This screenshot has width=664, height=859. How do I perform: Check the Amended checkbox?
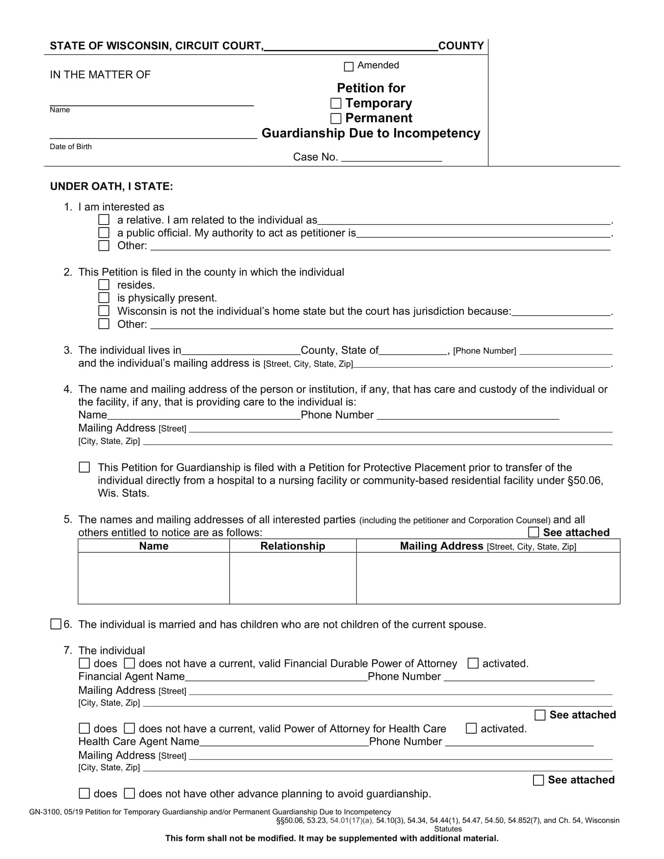click(x=348, y=66)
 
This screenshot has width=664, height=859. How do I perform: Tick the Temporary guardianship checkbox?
click(x=336, y=103)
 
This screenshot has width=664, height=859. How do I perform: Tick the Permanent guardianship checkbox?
click(x=336, y=118)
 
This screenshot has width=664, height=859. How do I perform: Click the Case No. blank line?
click(x=391, y=158)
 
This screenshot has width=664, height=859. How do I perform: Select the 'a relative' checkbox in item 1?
click(x=104, y=219)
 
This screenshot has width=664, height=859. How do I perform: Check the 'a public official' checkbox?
click(x=104, y=232)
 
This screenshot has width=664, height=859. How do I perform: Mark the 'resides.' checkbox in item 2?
click(x=104, y=284)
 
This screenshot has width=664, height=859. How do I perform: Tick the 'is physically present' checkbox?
click(x=104, y=298)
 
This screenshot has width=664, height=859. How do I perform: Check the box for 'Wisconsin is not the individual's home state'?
click(x=104, y=311)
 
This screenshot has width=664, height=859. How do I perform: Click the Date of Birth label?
click(x=70, y=147)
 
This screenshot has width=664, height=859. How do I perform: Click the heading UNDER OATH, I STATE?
click(x=111, y=186)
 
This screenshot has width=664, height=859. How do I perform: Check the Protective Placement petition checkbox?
click(x=84, y=467)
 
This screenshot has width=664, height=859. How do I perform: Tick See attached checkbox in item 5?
click(x=533, y=532)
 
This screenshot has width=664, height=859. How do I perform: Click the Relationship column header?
click(x=293, y=546)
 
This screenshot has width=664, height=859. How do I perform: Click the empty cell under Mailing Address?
click(x=488, y=578)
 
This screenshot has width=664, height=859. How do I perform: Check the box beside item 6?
click(x=55, y=624)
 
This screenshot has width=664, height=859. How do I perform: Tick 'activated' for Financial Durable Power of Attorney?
click(x=473, y=663)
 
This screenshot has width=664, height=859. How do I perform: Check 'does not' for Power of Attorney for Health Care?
click(x=129, y=729)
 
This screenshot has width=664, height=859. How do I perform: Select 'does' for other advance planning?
click(x=84, y=793)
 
